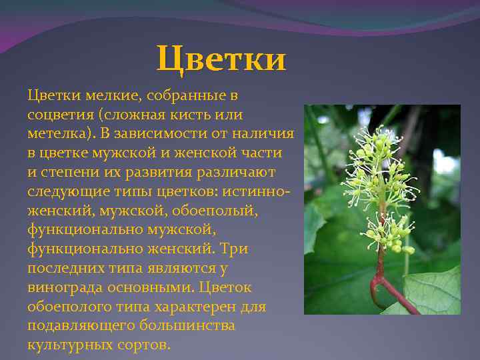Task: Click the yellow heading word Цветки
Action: pos(222,58)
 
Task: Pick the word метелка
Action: pos(58,134)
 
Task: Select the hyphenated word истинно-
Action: pos(256,191)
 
